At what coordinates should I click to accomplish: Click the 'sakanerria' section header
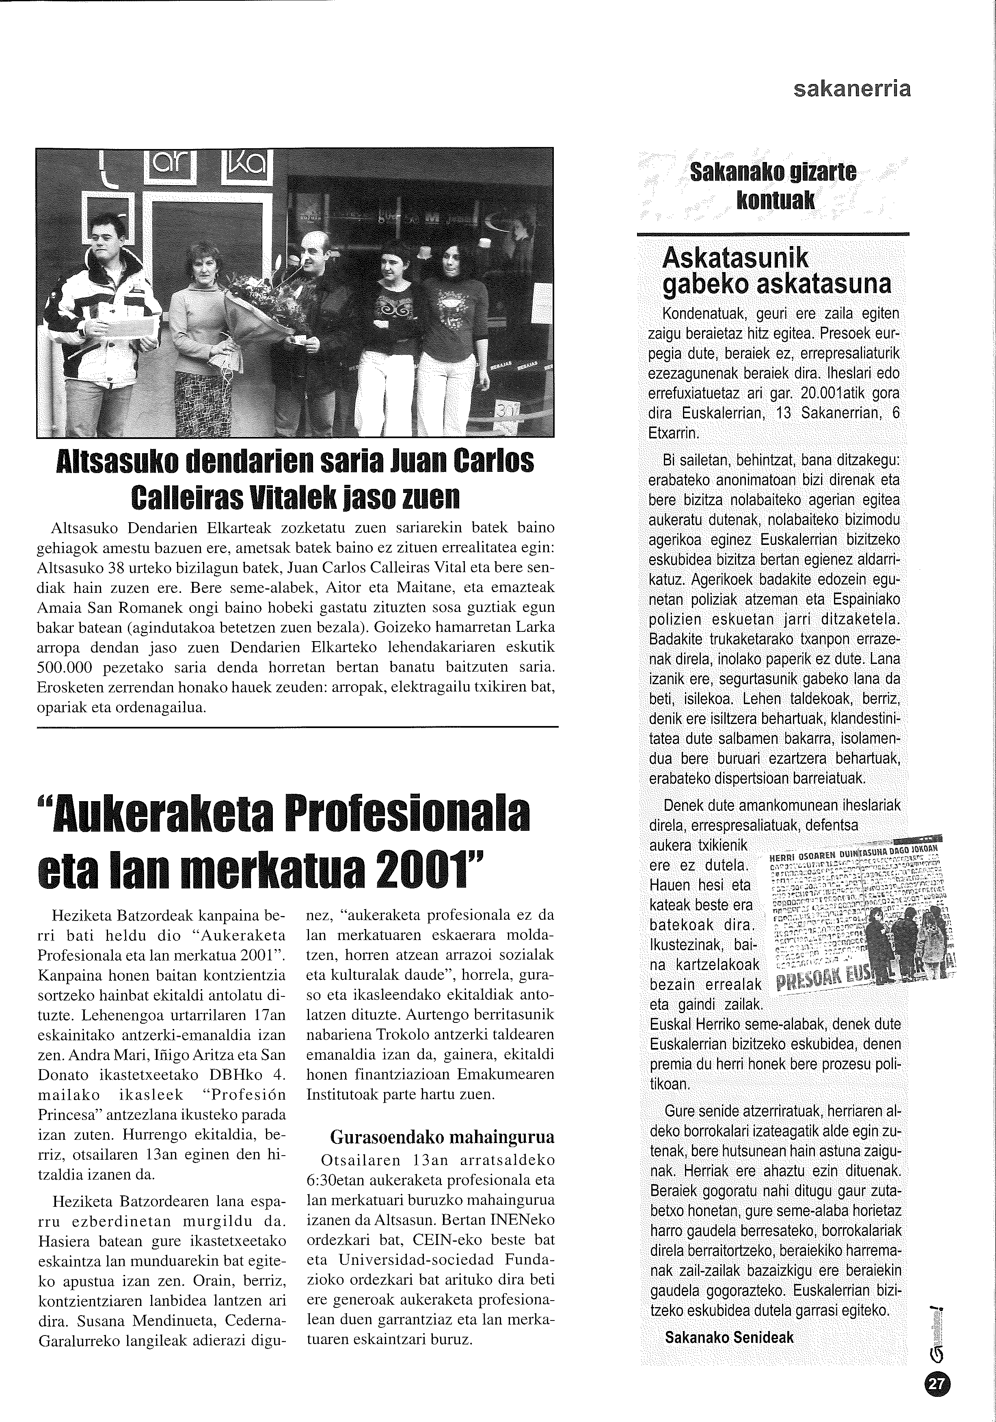coord(852,90)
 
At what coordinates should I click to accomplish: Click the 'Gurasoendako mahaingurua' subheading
coord(442,1137)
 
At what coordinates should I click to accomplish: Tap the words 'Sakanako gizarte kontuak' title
coord(773,185)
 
